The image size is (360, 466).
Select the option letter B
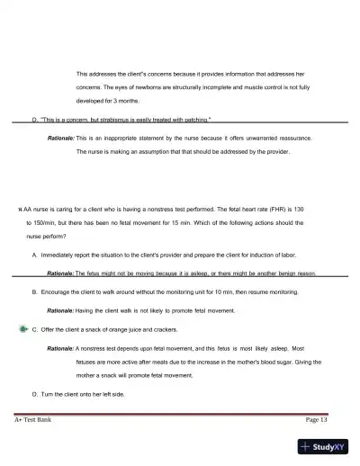click(x=34, y=292)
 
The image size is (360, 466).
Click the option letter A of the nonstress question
click(x=34, y=255)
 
